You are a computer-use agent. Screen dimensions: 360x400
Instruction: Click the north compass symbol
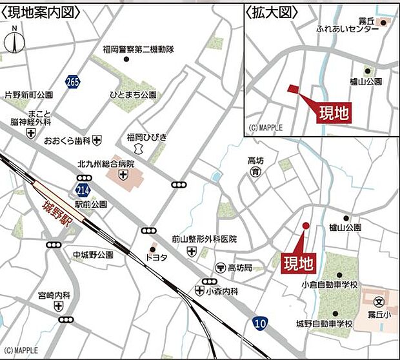pos(14,41)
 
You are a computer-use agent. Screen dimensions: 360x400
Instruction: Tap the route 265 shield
pos(72,81)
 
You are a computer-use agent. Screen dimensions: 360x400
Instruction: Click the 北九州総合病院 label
pos(105,164)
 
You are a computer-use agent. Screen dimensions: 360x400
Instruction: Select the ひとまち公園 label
pos(133,94)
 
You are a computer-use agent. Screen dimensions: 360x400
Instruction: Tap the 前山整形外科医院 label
pos(205,239)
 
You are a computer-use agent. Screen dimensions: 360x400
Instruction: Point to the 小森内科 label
pos(223,292)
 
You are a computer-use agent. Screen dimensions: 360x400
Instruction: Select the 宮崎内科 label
pos(54,295)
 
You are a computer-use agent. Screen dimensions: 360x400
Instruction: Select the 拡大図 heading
pos(266,12)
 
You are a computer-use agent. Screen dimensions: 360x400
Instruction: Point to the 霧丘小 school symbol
pos(379,300)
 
